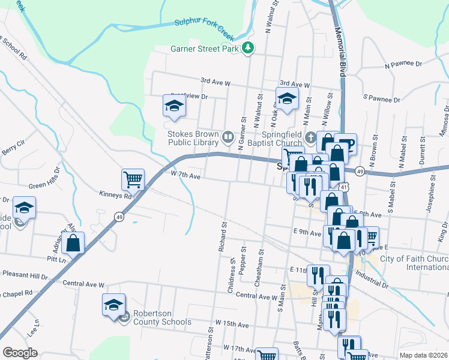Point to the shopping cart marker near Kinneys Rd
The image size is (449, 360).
tap(133, 178)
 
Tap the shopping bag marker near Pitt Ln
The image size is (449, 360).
tap(73, 242)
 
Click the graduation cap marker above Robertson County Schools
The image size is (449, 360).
tap(113, 305)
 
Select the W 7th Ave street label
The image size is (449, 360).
tap(184, 175)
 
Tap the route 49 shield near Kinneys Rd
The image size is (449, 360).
tap(119, 217)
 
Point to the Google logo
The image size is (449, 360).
tap(20, 353)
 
